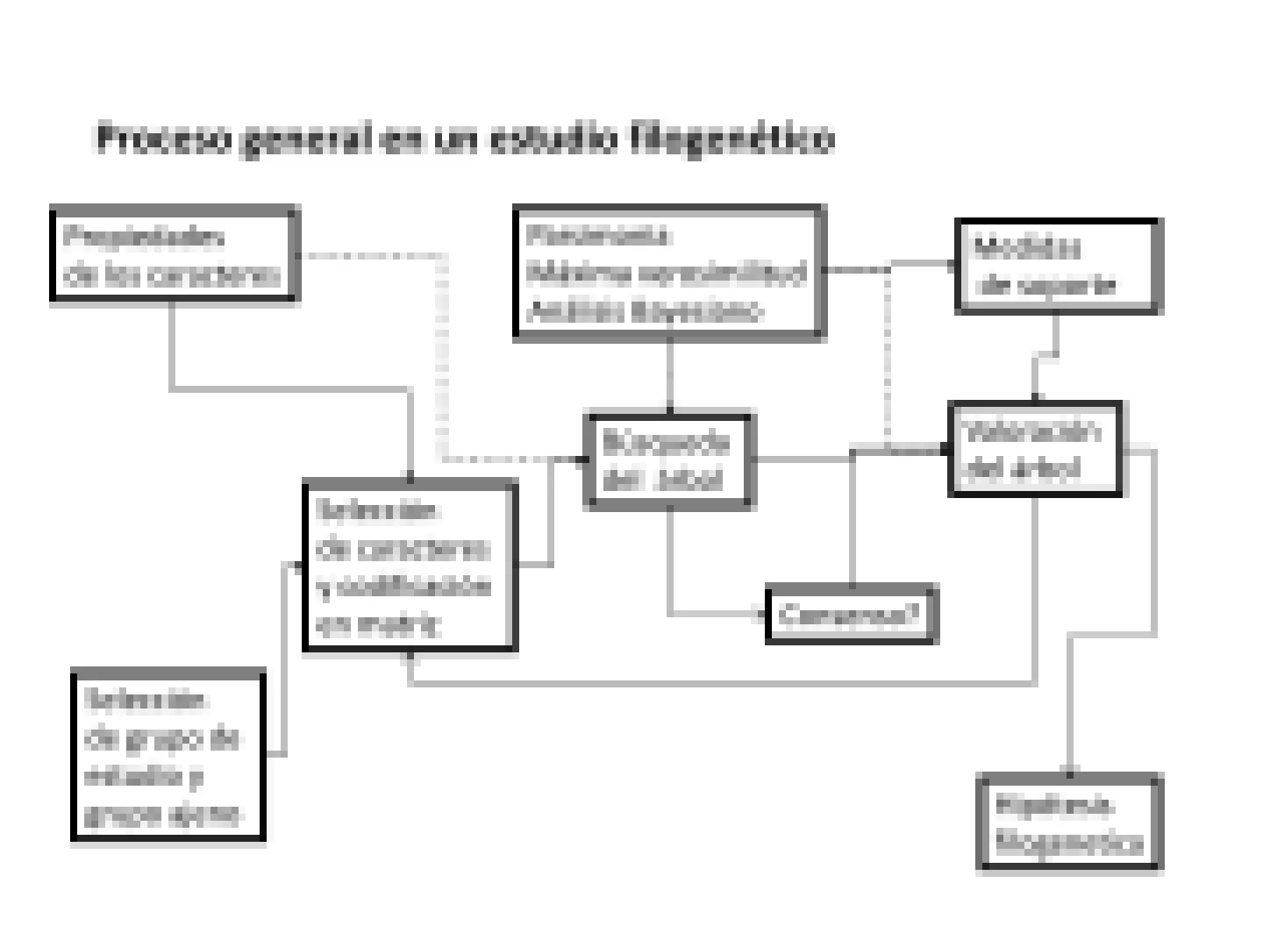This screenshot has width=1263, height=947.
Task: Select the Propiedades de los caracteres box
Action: click(175, 254)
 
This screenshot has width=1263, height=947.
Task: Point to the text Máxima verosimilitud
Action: click(666, 273)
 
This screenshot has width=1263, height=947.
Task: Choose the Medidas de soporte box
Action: click(1057, 266)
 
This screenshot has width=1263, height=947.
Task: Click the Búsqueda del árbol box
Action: click(667, 459)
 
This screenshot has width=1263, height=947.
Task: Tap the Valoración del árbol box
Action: click(1035, 449)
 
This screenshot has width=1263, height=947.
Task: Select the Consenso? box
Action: click(851, 614)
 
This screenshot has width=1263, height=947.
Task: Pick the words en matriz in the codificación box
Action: click(377, 624)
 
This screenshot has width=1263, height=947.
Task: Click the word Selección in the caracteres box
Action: click(377, 510)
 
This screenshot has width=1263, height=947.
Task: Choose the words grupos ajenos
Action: click(161, 815)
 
